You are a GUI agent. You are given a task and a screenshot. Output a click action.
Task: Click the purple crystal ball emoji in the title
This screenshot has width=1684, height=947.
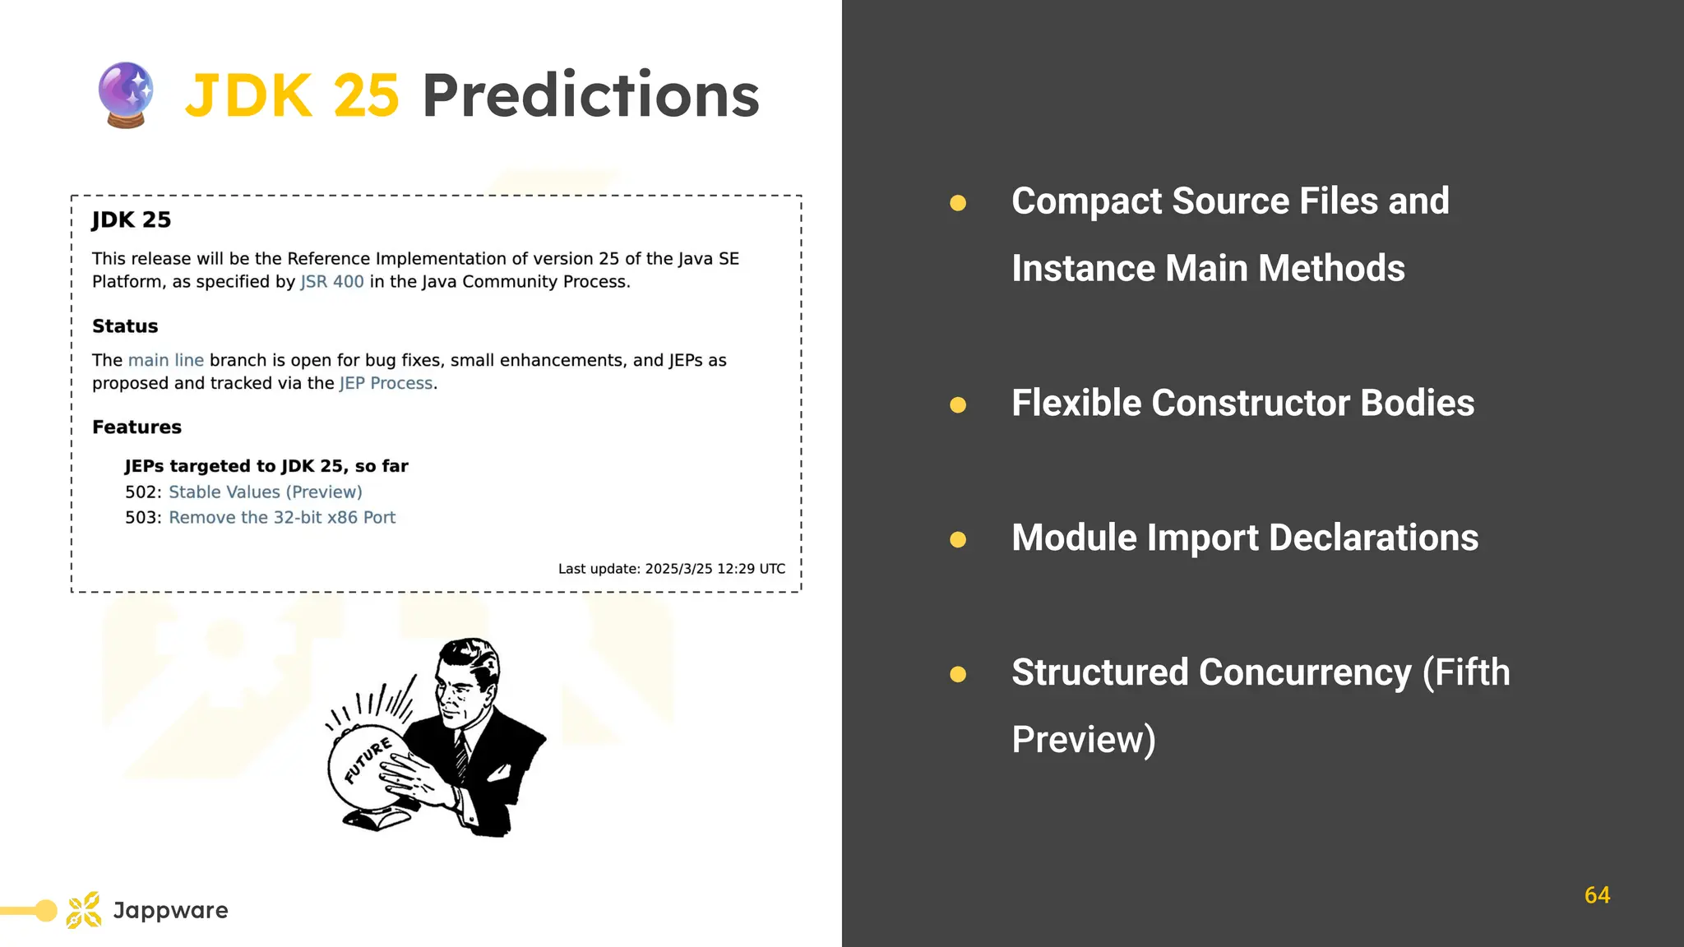click(125, 95)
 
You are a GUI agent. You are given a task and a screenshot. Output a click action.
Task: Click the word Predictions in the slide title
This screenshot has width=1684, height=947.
click(590, 95)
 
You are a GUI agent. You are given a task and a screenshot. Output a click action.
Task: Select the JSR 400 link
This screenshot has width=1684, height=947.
click(331, 282)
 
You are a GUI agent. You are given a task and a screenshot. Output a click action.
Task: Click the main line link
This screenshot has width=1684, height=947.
click(165, 360)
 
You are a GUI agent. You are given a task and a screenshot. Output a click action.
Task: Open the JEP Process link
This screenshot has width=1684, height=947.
click(386, 383)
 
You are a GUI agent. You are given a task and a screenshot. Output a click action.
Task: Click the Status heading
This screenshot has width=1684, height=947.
click(125, 326)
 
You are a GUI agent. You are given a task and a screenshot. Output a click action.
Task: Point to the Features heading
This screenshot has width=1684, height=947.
click(136, 427)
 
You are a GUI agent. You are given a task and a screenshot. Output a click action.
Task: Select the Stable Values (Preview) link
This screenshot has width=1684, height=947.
click(265, 492)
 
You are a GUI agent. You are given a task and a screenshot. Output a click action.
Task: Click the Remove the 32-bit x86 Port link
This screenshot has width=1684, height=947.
click(282, 517)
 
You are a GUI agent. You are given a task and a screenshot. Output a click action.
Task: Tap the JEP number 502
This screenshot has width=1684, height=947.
click(141, 492)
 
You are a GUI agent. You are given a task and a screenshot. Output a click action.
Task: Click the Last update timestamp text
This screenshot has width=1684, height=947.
click(671, 569)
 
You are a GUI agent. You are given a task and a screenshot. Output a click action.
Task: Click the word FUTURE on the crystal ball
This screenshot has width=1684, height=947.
click(368, 760)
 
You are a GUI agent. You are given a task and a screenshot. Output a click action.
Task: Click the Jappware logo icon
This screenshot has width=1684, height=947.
click(84, 910)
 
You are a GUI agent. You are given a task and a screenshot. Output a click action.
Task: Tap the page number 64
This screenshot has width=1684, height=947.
click(1597, 895)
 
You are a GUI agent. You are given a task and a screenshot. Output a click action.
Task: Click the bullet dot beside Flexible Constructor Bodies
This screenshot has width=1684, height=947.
click(958, 404)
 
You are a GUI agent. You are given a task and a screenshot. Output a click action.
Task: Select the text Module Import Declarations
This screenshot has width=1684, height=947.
click(1244, 538)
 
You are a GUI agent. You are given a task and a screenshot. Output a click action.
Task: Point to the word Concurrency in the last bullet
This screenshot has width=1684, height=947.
click(1304, 672)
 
